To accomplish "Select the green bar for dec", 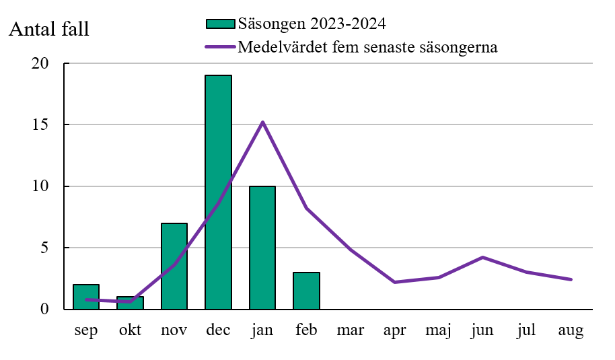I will pyautogui.click(x=218, y=192).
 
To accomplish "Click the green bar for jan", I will pyautogui.click(x=262, y=247).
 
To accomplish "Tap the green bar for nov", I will pyautogui.click(x=174, y=266).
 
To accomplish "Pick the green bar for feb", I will pyautogui.click(x=306, y=290).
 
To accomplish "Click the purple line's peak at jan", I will pyautogui.click(x=262, y=122).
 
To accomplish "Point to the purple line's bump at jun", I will pyautogui.click(x=482, y=257).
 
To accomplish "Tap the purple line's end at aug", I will pyautogui.click(x=571, y=279).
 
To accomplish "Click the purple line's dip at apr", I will pyautogui.click(x=394, y=282).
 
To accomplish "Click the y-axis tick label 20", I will pyautogui.click(x=41, y=64).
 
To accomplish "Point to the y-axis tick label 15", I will pyautogui.click(x=41, y=125).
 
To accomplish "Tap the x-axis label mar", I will pyautogui.click(x=351, y=330).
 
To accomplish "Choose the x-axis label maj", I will pyautogui.click(x=438, y=331).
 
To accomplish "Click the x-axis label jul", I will pyautogui.click(x=527, y=330).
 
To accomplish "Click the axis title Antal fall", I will pyautogui.click(x=49, y=30).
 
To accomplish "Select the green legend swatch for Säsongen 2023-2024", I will pyautogui.click(x=220, y=24).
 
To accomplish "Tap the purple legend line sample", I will pyautogui.click(x=220, y=47).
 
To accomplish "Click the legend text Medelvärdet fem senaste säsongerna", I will pyautogui.click(x=367, y=47).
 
